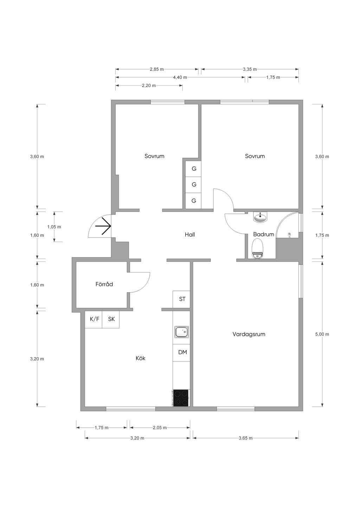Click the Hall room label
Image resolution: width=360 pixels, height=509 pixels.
point(189,235)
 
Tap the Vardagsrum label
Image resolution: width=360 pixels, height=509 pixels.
point(249,334)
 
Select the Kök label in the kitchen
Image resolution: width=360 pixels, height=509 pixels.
point(140,358)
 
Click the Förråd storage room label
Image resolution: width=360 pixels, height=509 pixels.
point(104,284)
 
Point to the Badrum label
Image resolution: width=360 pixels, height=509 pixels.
point(264,234)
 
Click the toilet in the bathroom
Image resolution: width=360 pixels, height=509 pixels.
point(257,248)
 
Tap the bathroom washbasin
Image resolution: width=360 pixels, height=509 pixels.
point(260,217)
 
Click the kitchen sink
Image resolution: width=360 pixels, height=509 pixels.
point(181,332)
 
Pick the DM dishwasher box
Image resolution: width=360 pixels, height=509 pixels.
point(181,352)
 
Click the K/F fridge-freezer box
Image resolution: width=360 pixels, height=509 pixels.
point(94,319)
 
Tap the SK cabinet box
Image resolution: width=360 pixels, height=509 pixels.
point(111,319)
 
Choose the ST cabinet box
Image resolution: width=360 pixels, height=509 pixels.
point(181,299)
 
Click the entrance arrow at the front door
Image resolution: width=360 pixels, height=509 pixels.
point(103,226)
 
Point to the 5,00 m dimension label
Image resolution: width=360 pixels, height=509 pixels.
point(322,334)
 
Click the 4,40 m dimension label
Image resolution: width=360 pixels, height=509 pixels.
point(180,77)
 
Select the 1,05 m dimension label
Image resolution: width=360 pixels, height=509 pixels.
point(54,227)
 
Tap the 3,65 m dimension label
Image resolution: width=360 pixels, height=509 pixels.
point(246,438)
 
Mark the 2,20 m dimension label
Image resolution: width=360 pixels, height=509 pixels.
point(149,86)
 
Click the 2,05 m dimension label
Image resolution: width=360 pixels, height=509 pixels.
point(160,428)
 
